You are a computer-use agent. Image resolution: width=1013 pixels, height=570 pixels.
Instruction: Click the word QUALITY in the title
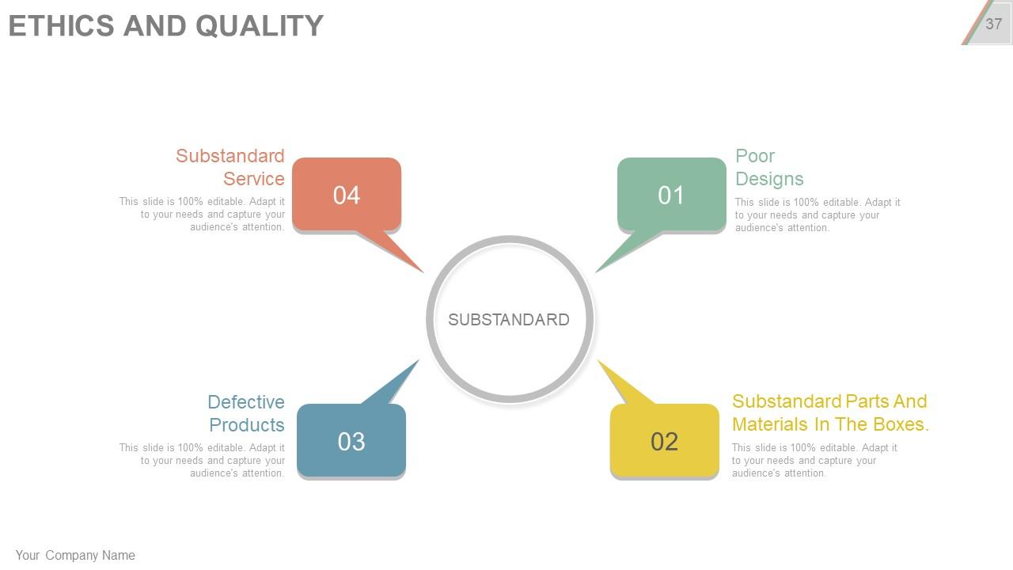260,25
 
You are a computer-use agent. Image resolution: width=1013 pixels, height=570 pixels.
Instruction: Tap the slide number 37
994,24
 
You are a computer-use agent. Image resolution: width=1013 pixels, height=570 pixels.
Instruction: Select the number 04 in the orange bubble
347,196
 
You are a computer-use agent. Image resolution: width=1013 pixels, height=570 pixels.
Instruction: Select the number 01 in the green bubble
671,196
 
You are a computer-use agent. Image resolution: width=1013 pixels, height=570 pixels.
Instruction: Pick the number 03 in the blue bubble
351,442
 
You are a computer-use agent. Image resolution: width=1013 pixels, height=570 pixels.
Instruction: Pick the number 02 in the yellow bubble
665,442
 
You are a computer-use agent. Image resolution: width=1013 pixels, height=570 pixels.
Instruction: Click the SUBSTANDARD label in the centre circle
509,320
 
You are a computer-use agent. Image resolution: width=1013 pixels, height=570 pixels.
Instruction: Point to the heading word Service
253,179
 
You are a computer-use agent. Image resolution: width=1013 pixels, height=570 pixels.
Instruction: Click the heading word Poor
755,156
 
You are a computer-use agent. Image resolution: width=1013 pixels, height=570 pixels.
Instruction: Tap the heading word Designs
769,179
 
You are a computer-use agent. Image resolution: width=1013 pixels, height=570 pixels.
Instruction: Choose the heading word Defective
246,402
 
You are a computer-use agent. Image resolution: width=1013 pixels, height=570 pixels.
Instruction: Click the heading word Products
247,425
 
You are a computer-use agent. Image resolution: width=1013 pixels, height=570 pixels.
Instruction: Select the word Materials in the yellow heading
770,424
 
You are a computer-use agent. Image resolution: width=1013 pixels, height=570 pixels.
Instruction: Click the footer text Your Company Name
75,556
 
